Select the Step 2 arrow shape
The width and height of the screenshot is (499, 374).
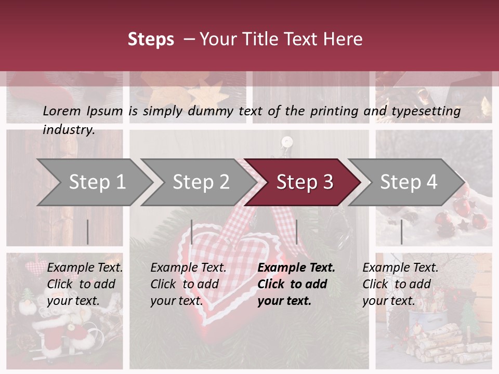coord(201,182)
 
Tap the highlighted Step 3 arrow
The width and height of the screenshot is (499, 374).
coord(304,182)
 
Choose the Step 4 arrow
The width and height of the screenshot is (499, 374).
coord(408,182)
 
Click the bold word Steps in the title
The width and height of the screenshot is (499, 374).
coord(151,39)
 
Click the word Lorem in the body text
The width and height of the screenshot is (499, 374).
coord(61,111)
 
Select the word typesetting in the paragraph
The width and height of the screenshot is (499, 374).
coord(426,111)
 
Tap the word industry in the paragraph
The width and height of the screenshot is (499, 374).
coord(69,130)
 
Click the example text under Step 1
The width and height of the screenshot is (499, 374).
coord(85,284)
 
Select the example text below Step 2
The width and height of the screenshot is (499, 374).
coord(188,284)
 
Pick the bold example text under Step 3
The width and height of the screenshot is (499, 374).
coord(296,284)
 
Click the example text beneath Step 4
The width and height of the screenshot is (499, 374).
coord(400,284)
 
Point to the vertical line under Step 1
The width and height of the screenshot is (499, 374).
coord(88,232)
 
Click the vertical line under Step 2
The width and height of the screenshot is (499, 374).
coord(192,232)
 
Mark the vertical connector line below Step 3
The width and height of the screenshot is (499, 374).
coord(296,232)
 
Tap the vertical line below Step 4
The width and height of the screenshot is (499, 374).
coord(401,232)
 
